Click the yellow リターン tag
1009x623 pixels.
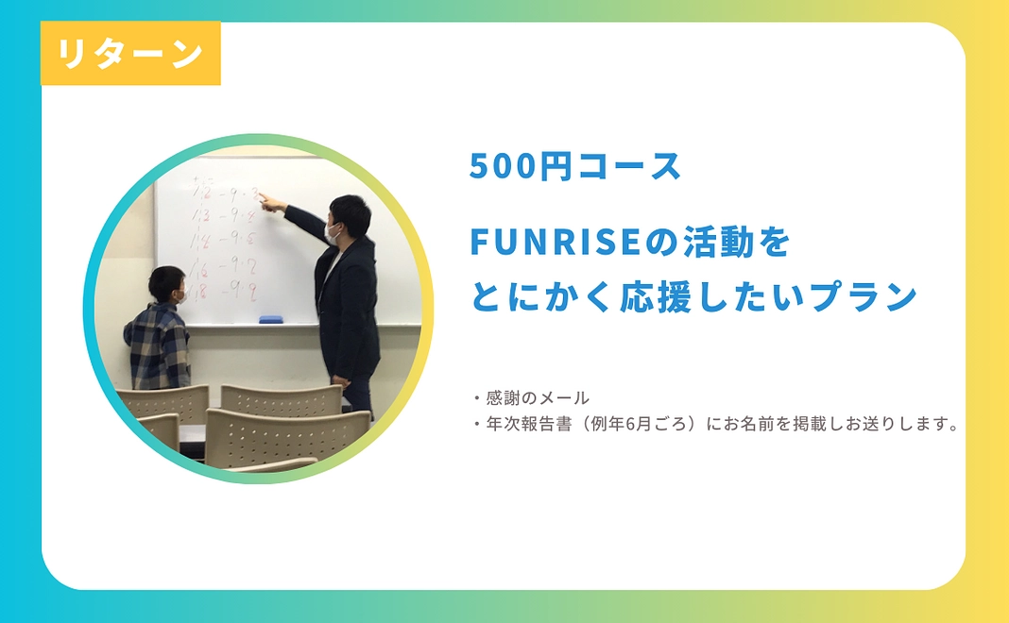(130, 54)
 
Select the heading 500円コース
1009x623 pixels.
(575, 167)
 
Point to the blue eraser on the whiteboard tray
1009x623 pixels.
(271, 319)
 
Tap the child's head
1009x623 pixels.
(167, 283)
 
